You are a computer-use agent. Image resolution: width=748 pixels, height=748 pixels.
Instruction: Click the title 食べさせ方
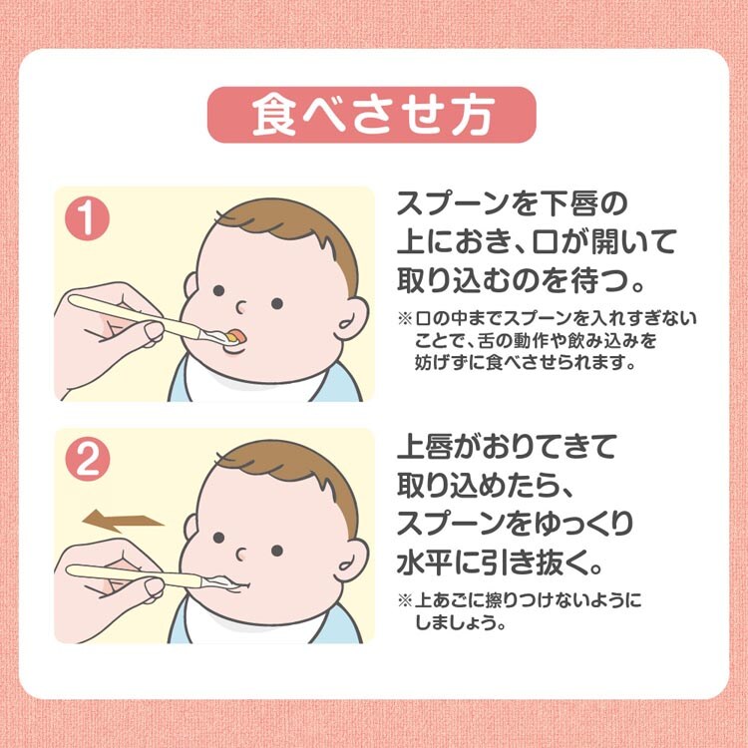[372, 115]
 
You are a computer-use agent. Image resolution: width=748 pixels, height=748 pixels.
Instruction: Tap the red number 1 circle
[88, 218]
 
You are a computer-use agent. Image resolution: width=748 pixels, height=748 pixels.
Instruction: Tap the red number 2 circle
[88, 460]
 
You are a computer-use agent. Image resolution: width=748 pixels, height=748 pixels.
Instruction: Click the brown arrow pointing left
[123, 521]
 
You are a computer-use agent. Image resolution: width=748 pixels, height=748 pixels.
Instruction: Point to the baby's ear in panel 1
[352, 317]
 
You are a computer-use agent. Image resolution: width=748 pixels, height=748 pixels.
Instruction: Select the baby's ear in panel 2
[352, 559]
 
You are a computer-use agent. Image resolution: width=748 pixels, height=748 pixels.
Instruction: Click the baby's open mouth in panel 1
[235, 336]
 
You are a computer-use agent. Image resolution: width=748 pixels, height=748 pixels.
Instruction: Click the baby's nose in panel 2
[241, 555]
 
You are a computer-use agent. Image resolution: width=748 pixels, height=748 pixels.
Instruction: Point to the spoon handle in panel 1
[135, 316]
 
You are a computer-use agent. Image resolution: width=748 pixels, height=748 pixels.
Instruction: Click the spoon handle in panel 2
[134, 575]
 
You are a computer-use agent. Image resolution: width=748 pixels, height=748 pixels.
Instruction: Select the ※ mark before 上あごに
[405, 600]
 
